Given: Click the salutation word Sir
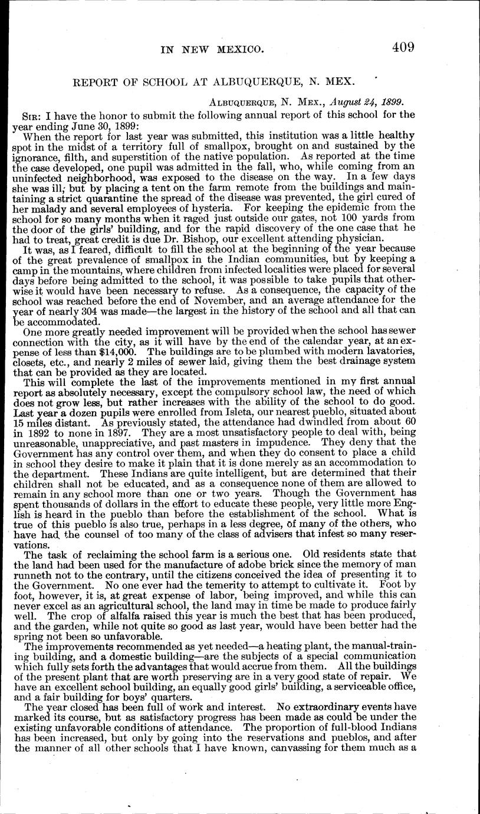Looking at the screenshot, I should pyautogui.click(x=29, y=114).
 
